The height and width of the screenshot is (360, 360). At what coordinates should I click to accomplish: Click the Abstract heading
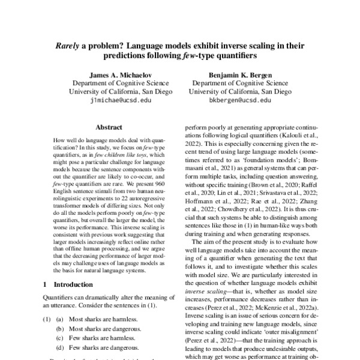point(109,128)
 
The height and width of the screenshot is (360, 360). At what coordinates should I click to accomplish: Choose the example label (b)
point(61,330)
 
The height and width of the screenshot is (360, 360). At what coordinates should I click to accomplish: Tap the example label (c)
point(61,339)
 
